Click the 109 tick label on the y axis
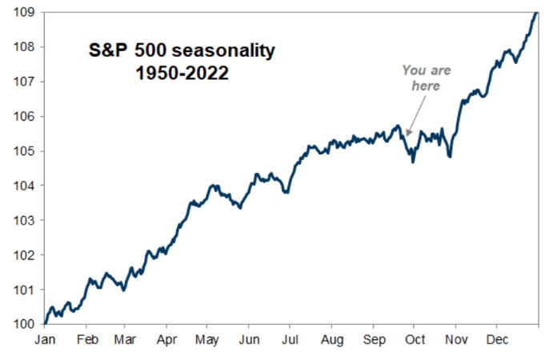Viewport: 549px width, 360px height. click(x=23, y=12)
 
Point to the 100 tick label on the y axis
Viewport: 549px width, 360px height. click(x=23, y=324)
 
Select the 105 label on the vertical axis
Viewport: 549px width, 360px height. click(x=23, y=151)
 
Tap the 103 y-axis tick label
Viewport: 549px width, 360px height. click(x=23, y=220)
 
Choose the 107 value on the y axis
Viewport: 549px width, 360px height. click(x=23, y=82)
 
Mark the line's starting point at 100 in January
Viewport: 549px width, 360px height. click(x=45, y=323)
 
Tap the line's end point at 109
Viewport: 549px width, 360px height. click(x=536, y=12)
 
